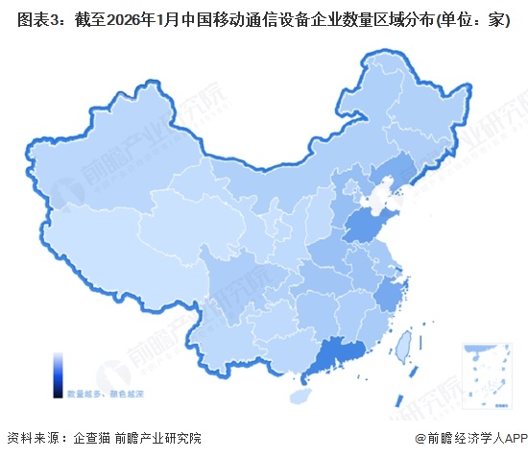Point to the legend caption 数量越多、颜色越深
click(98, 393)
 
